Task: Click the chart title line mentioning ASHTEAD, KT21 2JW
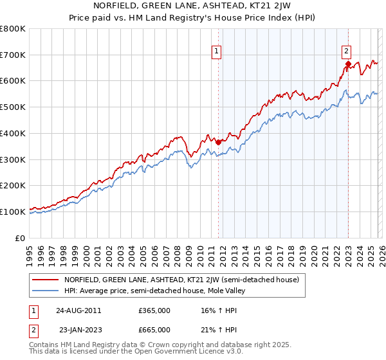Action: click(192, 6)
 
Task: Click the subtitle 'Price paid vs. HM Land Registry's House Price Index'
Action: click(192, 17)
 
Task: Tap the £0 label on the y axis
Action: click(19, 238)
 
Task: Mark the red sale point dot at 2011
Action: click(219, 142)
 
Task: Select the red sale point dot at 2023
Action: click(348, 64)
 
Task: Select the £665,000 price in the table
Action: click(154, 330)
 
